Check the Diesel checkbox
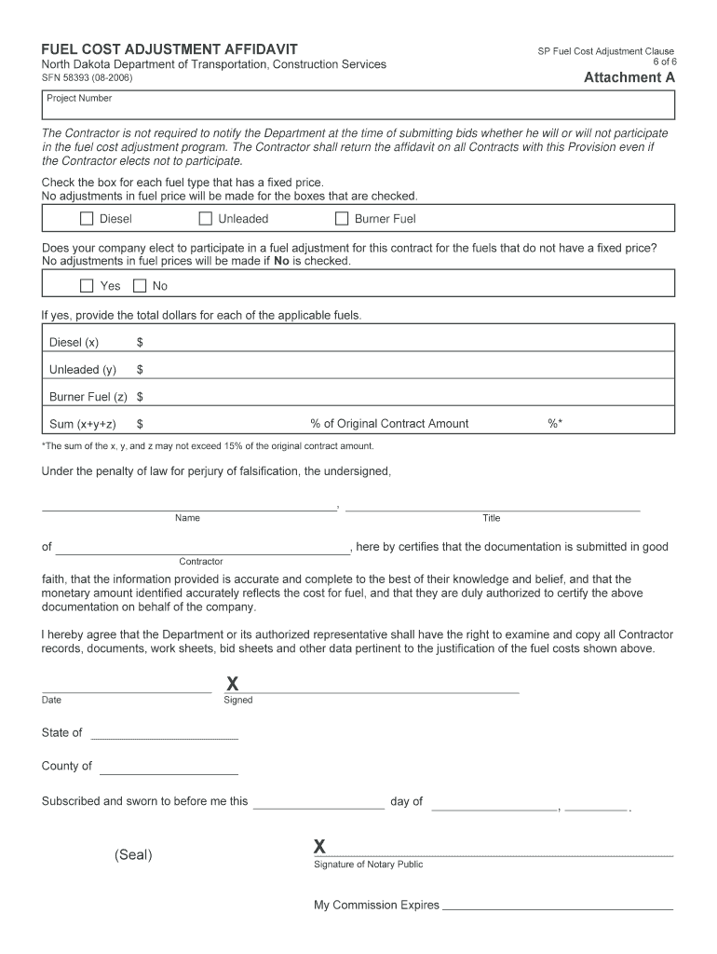point(87,219)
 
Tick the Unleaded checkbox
point(206,219)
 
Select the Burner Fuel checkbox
point(342,219)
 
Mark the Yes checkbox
point(87,286)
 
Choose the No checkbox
point(140,286)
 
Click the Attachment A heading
point(629,78)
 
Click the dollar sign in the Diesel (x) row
point(140,343)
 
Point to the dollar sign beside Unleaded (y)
point(140,370)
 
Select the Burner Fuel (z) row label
point(88,397)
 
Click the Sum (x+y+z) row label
point(83,424)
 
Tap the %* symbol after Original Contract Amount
point(555,424)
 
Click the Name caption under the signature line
point(187,518)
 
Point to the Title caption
point(491,518)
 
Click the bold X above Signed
point(232,686)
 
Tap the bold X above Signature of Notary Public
point(319,847)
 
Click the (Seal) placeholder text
point(133,854)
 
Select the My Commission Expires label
point(376,905)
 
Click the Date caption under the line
point(51,700)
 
